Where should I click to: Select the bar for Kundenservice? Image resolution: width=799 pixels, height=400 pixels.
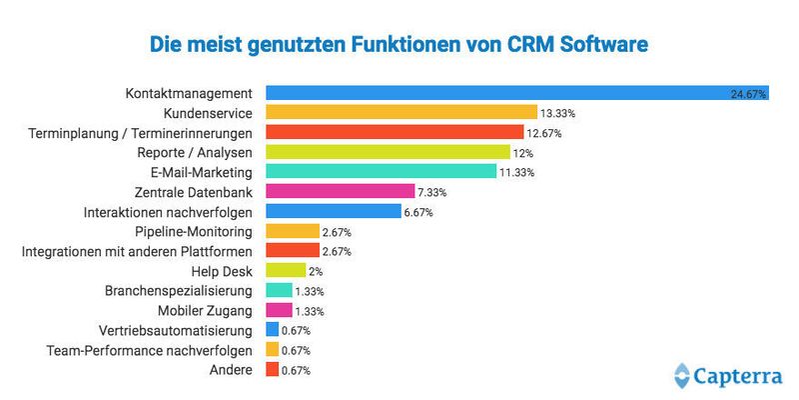[x=402, y=113]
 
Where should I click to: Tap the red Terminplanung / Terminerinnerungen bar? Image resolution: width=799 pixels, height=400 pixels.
[x=396, y=133]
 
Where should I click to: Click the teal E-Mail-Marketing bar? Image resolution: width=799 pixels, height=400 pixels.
[x=382, y=172]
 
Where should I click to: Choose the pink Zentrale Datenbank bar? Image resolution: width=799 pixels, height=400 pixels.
[x=341, y=191]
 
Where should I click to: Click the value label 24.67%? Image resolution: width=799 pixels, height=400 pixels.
[x=748, y=95]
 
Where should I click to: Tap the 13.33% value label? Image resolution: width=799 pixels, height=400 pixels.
[x=559, y=114]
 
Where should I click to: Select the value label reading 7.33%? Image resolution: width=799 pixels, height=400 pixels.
[x=432, y=192]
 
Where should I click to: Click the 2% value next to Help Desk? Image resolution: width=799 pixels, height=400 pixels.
[x=317, y=270]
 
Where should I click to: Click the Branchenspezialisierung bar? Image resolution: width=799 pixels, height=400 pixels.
[x=280, y=290]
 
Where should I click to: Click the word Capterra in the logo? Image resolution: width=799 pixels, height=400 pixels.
[x=740, y=376]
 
